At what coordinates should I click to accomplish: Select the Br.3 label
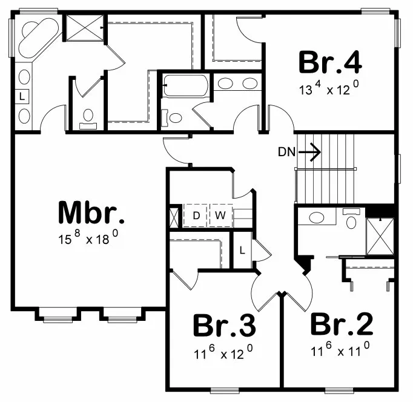pos(223,326)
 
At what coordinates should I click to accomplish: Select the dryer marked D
pos(196,215)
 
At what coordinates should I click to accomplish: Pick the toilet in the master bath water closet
pos(88,116)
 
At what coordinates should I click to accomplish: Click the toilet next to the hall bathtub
pos(176,117)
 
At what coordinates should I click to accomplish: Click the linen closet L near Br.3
pos(242,249)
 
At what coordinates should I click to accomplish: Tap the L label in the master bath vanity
pos(22,96)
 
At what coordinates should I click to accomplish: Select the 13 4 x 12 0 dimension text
pos(330,89)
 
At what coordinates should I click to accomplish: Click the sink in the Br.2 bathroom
pos(316,218)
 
